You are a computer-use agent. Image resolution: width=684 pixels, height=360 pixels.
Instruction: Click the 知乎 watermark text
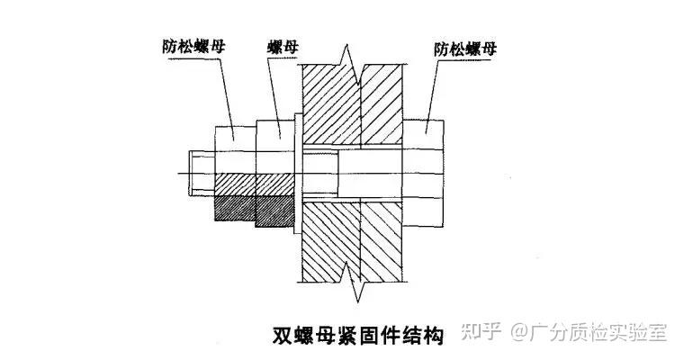click(x=482, y=332)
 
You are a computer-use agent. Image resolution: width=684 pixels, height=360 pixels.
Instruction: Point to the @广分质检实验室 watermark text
click(x=589, y=332)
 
